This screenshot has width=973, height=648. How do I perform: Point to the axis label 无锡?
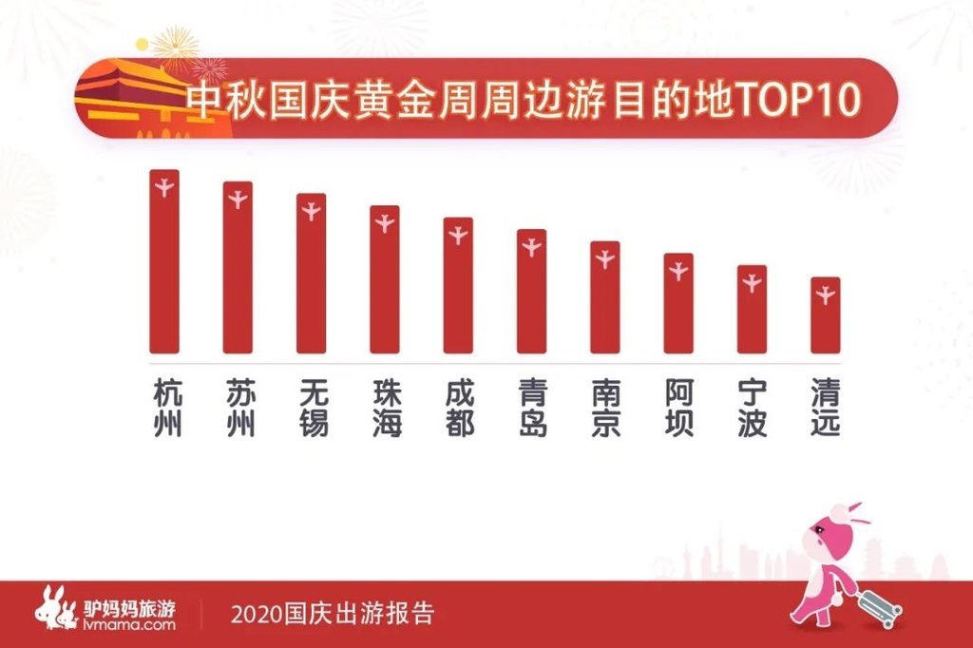click(312, 409)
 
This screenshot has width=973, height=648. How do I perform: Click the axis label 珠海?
click(385, 409)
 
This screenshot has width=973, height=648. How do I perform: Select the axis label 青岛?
click(532, 409)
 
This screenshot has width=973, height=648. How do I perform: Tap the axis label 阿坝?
click(678, 409)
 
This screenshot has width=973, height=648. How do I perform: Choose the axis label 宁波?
click(752, 409)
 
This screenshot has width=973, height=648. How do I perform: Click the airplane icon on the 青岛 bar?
click(532, 247)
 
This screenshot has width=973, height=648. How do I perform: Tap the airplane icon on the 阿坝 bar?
click(678, 271)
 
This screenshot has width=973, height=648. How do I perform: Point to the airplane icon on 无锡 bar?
click(312, 211)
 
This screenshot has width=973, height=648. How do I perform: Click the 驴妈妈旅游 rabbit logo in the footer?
click(55, 608)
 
